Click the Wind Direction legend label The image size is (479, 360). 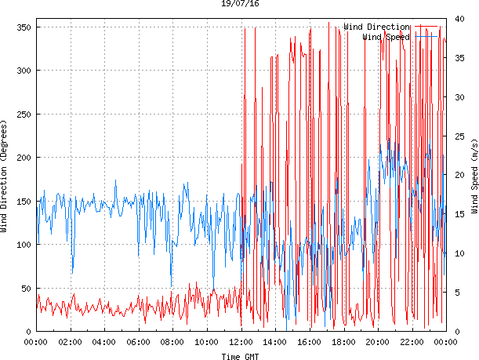(376, 27)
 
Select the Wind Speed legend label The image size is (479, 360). (386, 37)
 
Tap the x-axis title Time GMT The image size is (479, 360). (240, 356)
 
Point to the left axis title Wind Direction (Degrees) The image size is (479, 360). (5, 178)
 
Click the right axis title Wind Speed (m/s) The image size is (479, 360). (474, 178)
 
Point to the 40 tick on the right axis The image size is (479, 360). (459, 19)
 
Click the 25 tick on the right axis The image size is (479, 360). (459, 136)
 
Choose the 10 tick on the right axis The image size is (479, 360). (459, 253)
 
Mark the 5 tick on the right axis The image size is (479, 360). (456, 293)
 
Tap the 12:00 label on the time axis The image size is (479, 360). (241, 343)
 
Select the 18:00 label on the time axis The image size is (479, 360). (343, 343)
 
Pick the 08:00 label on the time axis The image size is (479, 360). (172, 343)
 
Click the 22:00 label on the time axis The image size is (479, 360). (412, 343)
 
